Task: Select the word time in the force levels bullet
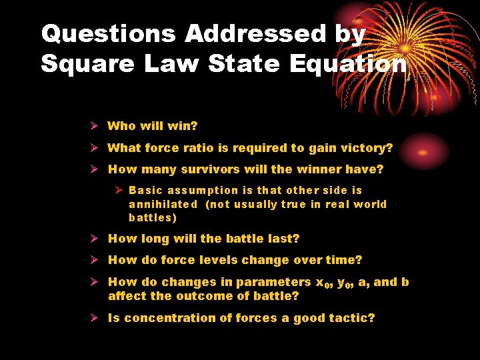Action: (344, 260)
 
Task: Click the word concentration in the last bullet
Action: (168, 318)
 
